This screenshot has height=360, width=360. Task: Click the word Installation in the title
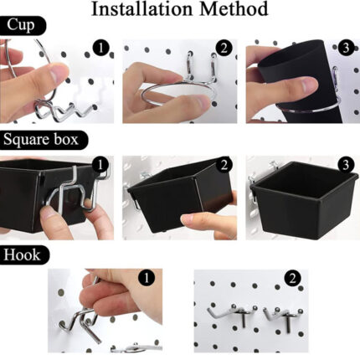[x=141, y=8]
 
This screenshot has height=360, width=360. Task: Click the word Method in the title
[x=234, y=8]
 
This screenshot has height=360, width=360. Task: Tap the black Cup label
[x=23, y=25]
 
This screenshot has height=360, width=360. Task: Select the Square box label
[x=43, y=140]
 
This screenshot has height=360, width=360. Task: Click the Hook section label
[x=24, y=255]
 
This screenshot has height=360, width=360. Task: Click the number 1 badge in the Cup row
[x=100, y=48]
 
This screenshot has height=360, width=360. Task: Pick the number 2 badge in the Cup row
[x=224, y=48]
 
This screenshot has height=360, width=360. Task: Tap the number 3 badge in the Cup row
[x=346, y=48]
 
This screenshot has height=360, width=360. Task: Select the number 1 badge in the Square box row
[x=100, y=165]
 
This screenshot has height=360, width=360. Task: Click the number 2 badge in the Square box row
[x=224, y=165]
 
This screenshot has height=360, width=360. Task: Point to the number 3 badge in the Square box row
[x=346, y=165]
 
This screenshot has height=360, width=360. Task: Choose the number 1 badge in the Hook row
[x=147, y=278]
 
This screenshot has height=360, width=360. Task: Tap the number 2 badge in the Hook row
[x=292, y=279]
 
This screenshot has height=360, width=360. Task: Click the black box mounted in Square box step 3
[x=303, y=198]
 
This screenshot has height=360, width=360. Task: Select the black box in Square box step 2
[x=178, y=195]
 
